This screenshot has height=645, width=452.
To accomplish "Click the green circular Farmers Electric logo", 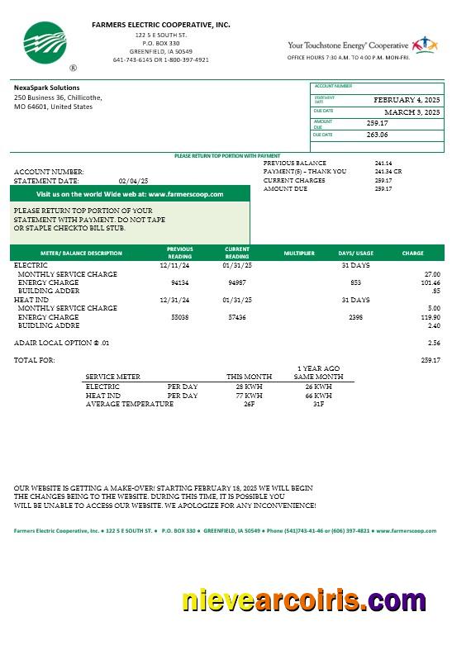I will coord(44,43).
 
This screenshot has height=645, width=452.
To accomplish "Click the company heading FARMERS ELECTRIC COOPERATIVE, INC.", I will coord(161,26).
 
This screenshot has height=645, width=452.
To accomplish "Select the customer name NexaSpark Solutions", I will coord(47,88).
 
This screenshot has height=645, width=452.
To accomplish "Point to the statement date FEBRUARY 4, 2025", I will coord(407,100).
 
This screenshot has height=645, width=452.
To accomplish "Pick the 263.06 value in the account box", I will coord(377,135).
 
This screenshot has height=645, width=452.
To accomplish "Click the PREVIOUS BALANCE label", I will coord(294,164).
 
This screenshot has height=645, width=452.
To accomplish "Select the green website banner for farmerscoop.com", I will coord(130,194).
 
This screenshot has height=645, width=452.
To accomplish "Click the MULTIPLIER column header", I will coord(299,254).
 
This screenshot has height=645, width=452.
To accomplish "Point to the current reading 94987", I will coord(237,282).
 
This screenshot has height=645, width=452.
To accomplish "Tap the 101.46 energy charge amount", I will coord(430,282).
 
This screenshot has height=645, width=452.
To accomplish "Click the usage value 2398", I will coord(355,317).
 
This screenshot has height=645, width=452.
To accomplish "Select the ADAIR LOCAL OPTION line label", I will coord(61,342).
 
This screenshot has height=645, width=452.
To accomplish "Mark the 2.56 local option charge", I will coord(434,342).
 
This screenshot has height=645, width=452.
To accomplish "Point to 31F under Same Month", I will coord(318,404).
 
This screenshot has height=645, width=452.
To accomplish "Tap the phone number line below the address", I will coord(160,60).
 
